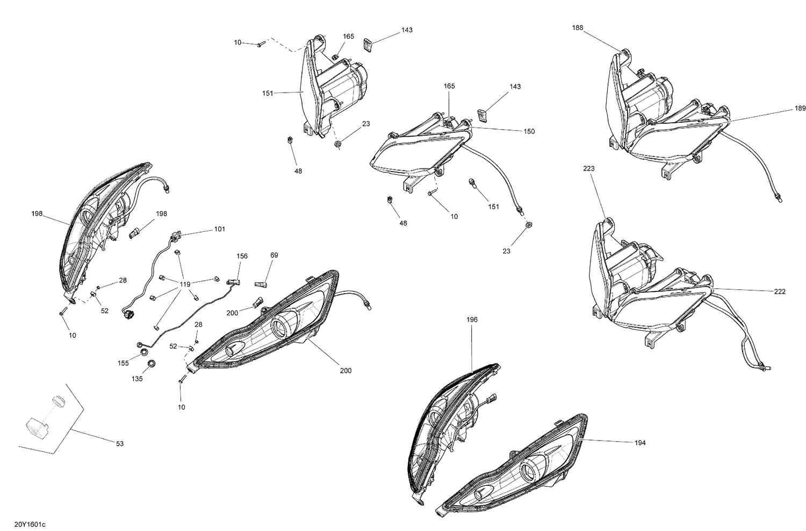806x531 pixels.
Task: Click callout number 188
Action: click(x=578, y=28)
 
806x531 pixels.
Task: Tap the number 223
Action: click(x=589, y=168)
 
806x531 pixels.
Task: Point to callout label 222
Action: click(x=780, y=292)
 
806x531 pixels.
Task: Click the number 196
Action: click(x=472, y=320)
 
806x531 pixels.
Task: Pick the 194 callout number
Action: click(x=640, y=443)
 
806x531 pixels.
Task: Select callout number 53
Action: click(x=120, y=444)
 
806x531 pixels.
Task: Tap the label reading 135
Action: click(x=137, y=379)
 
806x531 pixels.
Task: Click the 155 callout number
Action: click(x=123, y=364)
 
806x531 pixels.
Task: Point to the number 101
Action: click(x=219, y=229)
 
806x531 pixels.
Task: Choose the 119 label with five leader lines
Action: click(x=185, y=285)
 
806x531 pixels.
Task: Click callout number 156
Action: click(x=242, y=256)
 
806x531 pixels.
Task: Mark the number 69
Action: click(x=274, y=256)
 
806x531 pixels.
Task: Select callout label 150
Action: click(x=529, y=131)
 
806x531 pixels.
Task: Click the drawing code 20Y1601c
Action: click(x=30, y=524)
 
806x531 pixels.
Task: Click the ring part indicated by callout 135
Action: click(x=151, y=363)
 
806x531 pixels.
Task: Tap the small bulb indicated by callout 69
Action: click(x=261, y=285)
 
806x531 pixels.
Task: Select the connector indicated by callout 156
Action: click(x=233, y=282)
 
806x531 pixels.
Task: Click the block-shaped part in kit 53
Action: click(x=37, y=427)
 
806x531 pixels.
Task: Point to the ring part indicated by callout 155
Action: click(x=143, y=351)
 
